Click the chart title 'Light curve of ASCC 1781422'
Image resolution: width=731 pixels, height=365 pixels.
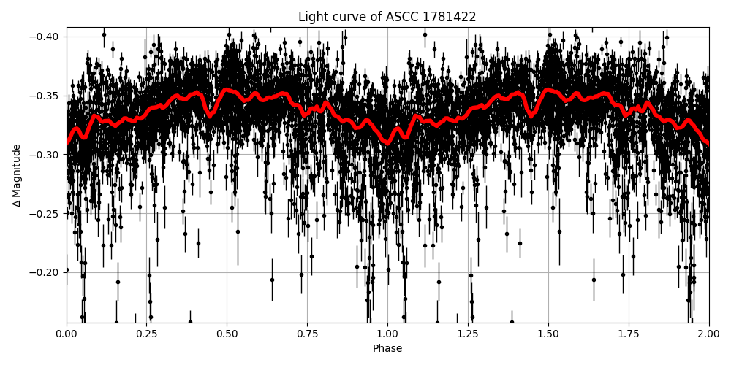tap(387, 17)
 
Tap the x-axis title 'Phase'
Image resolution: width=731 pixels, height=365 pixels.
tap(387, 349)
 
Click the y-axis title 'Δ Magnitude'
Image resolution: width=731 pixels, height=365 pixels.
tap(17, 175)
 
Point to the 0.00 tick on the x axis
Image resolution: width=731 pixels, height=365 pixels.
tap(67, 334)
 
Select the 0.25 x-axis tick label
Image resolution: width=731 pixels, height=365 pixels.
tap(147, 334)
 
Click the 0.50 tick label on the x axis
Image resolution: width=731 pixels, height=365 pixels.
tap(227, 334)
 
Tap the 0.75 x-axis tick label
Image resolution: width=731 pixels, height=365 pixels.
tap(307, 334)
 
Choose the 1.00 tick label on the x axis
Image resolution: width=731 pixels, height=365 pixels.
tap(387, 334)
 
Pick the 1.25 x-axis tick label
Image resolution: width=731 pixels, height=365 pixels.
tap(468, 334)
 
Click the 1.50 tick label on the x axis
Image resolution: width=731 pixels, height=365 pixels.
tap(548, 334)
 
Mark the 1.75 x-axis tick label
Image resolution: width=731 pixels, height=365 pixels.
tap(629, 334)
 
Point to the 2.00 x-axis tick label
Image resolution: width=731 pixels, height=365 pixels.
tap(708, 334)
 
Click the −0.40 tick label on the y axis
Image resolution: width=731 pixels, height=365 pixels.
tap(45, 36)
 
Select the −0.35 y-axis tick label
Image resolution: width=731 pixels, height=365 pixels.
tap(45, 96)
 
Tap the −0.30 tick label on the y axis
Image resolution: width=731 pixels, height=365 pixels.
tap(45, 155)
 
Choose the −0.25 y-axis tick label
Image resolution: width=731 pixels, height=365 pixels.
tap(45, 214)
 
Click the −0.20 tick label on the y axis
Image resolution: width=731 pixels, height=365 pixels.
tap(45, 272)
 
